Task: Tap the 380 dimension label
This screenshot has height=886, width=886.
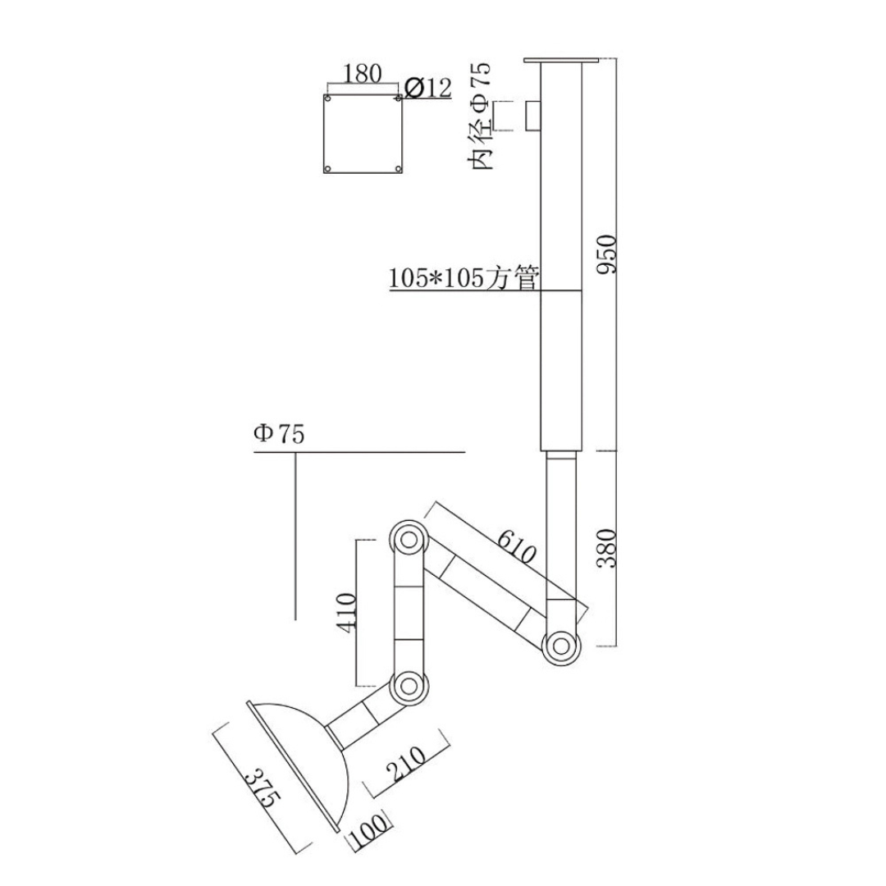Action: [608, 549]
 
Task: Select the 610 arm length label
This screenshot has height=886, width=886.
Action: [517, 547]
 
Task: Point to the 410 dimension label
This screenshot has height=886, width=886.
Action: [346, 613]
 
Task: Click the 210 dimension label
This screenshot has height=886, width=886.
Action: [406, 764]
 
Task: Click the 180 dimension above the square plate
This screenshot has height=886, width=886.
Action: [363, 74]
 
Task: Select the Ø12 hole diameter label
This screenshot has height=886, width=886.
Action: [428, 88]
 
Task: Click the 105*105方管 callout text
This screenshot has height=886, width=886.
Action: [464, 277]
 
